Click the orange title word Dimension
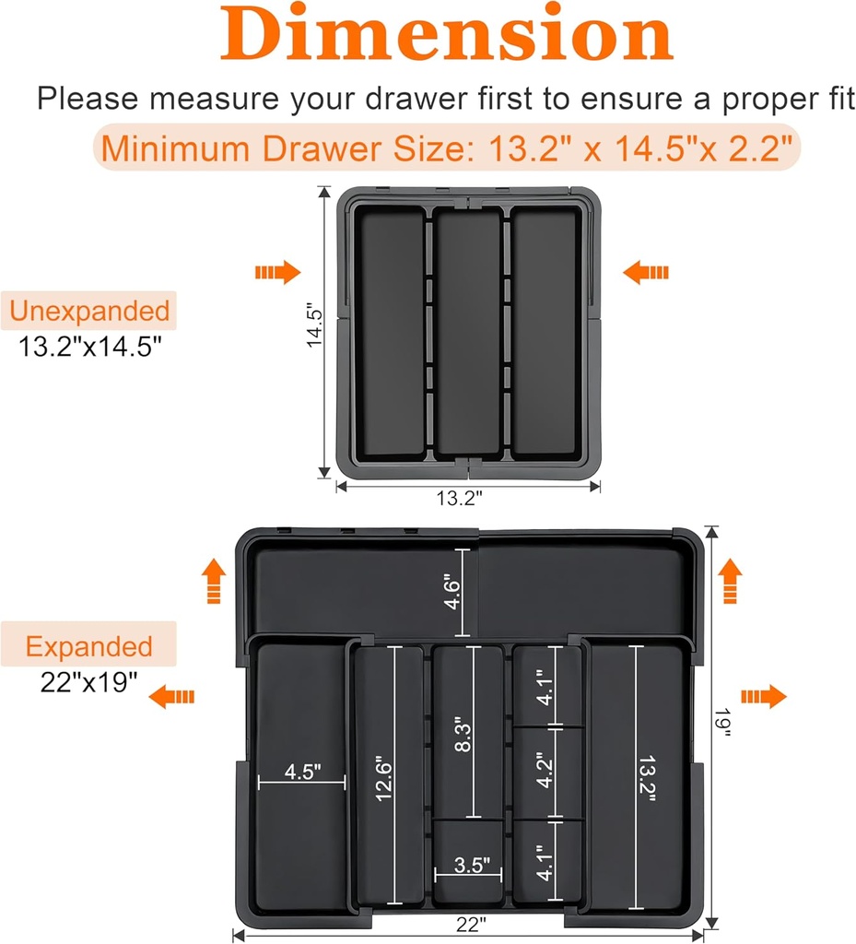coord(446,35)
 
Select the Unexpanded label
coord(89,311)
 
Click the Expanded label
coord(88,646)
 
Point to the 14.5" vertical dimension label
coord(315,325)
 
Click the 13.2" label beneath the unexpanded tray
coord(460,497)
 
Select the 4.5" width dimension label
coord(302,771)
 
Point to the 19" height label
coord(724,727)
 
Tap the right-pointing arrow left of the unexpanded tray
coord(277,272)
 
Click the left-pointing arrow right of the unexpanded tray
coord(646,272)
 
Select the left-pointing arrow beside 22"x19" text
coord(172,696)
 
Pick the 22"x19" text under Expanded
coord(88,682)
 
